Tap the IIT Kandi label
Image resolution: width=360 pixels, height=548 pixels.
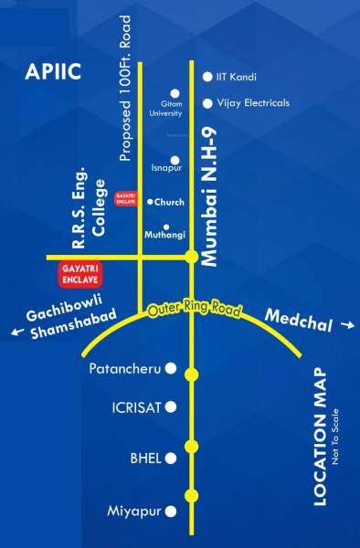(236, 77)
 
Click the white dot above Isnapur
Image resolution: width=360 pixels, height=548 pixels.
(175, 160)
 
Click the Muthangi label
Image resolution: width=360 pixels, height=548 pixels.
(165, 235)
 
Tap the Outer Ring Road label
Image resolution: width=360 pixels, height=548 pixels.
(195, 311)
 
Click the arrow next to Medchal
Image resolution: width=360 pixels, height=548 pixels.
(345, 323)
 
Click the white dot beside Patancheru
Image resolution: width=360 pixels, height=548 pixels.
(169, 369)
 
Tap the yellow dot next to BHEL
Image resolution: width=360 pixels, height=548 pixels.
(191, 447)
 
